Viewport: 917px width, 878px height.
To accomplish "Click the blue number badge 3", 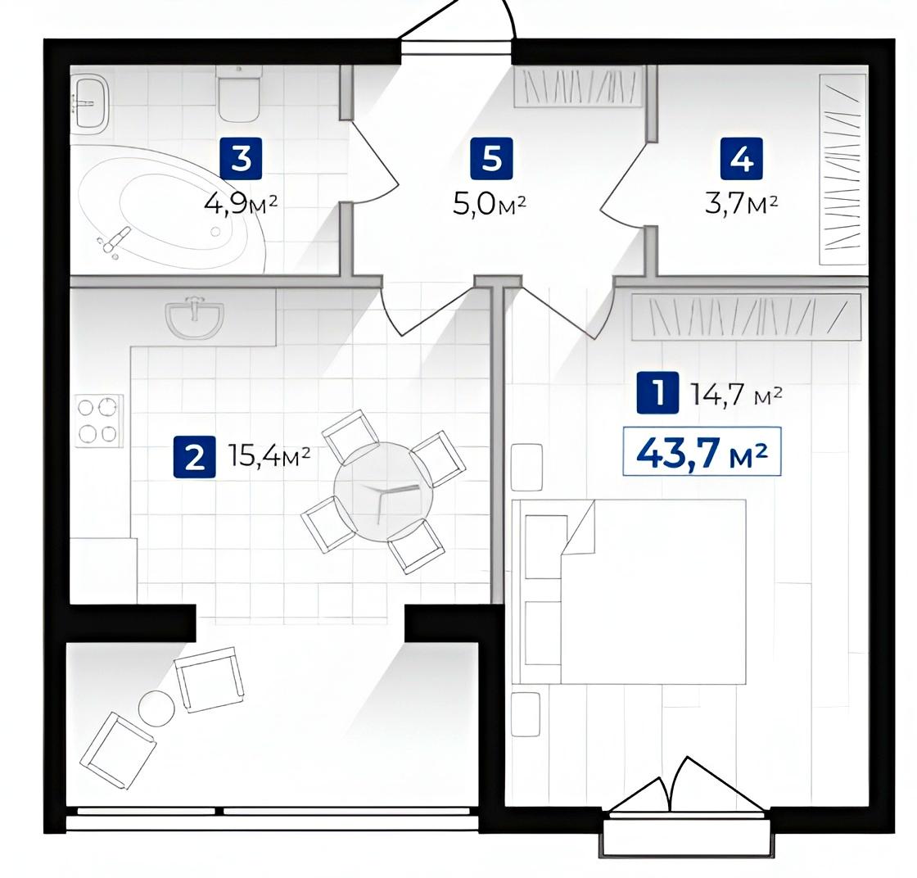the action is coord(241,158).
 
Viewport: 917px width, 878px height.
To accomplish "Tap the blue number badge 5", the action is coord(491,158).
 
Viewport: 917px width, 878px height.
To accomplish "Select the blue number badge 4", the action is coord(742,158).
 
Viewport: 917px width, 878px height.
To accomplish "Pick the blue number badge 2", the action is coord(195,456).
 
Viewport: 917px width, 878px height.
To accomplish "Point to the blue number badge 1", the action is coord(658,392).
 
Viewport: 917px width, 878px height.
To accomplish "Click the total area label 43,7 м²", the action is coord(702,452).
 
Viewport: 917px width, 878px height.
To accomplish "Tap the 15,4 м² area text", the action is coord(269,456).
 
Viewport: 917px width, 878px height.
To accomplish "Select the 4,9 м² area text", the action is coord(241,205).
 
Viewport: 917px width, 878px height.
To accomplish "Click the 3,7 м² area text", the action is coord(742,205).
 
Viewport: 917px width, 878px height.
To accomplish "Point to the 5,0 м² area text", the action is coord(490,205).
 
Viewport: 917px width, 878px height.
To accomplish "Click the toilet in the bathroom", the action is coord(239,93).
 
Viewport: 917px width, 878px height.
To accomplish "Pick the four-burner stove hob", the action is coord(99,421).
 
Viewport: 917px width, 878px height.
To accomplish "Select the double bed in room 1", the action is coord(629,592).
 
